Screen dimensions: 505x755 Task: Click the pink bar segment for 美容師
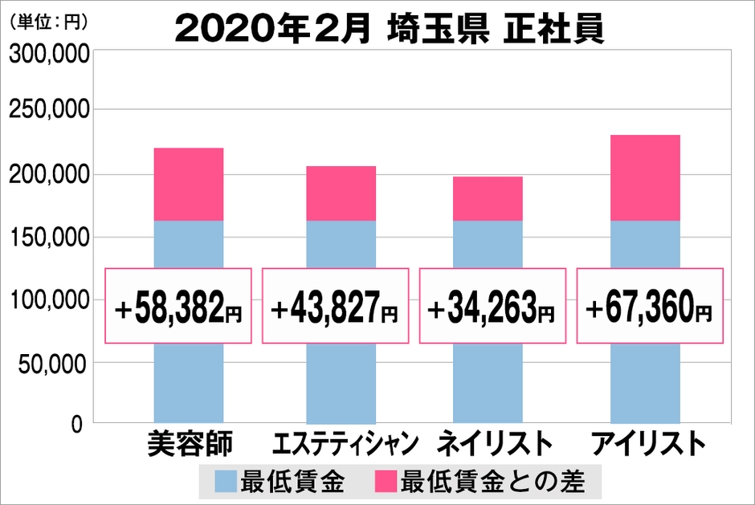point(188,184)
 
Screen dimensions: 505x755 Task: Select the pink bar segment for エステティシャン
point(340,193)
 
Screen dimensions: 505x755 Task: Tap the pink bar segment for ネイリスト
point(488,198)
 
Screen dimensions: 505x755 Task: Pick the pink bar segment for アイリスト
point(645,177)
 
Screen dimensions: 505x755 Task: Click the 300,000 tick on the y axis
point(47,55)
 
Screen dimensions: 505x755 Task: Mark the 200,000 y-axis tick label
point(47,175)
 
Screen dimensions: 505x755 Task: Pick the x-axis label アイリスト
point(647,444)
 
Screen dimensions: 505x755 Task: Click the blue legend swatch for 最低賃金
point(226,482)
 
